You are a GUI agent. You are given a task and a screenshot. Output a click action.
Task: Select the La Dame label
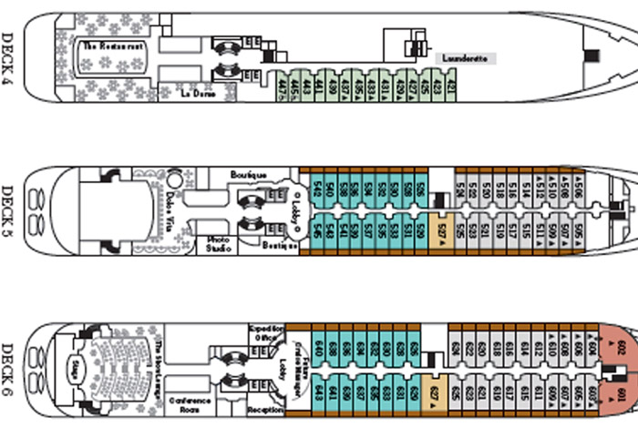pyautogui.click(x=196, y=93)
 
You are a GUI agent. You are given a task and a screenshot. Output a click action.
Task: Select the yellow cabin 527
pyautogui.click(x=441, y=232)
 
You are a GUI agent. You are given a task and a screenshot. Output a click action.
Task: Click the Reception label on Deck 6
pyautogui.click(x=265, y=410)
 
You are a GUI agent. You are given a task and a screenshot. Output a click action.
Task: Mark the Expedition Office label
pyautogui.click(x=266, y=333)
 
